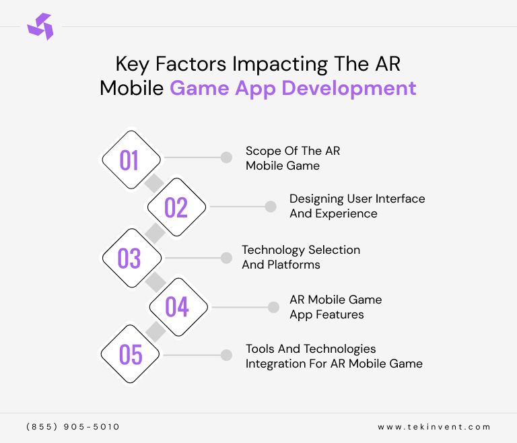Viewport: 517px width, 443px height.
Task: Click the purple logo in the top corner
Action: (40, 26)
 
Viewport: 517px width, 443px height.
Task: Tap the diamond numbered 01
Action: (131, 160)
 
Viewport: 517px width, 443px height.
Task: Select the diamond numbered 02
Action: (176, 207)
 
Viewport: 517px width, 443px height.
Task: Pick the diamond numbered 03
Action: (131, 258)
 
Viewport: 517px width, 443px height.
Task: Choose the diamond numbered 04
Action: (178, 307)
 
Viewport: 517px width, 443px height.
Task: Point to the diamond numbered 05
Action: (130, 354)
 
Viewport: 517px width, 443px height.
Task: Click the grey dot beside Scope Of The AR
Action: (226, 158)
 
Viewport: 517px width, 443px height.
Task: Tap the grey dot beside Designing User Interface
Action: (271, 207)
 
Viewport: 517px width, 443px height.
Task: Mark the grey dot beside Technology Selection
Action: (226, 258)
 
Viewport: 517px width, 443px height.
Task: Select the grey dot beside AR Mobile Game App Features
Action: (273, 308)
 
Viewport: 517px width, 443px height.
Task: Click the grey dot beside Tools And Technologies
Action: (226, 355)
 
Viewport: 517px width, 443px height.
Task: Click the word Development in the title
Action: (349, 89)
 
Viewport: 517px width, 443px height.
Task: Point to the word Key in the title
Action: (132, 65)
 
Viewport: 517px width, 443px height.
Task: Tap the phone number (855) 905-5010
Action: (73, 427)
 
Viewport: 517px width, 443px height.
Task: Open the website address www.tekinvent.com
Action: (434, 427)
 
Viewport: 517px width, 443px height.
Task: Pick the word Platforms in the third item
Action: (294, 265)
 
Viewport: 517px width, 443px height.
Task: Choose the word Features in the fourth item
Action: (339, 314)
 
